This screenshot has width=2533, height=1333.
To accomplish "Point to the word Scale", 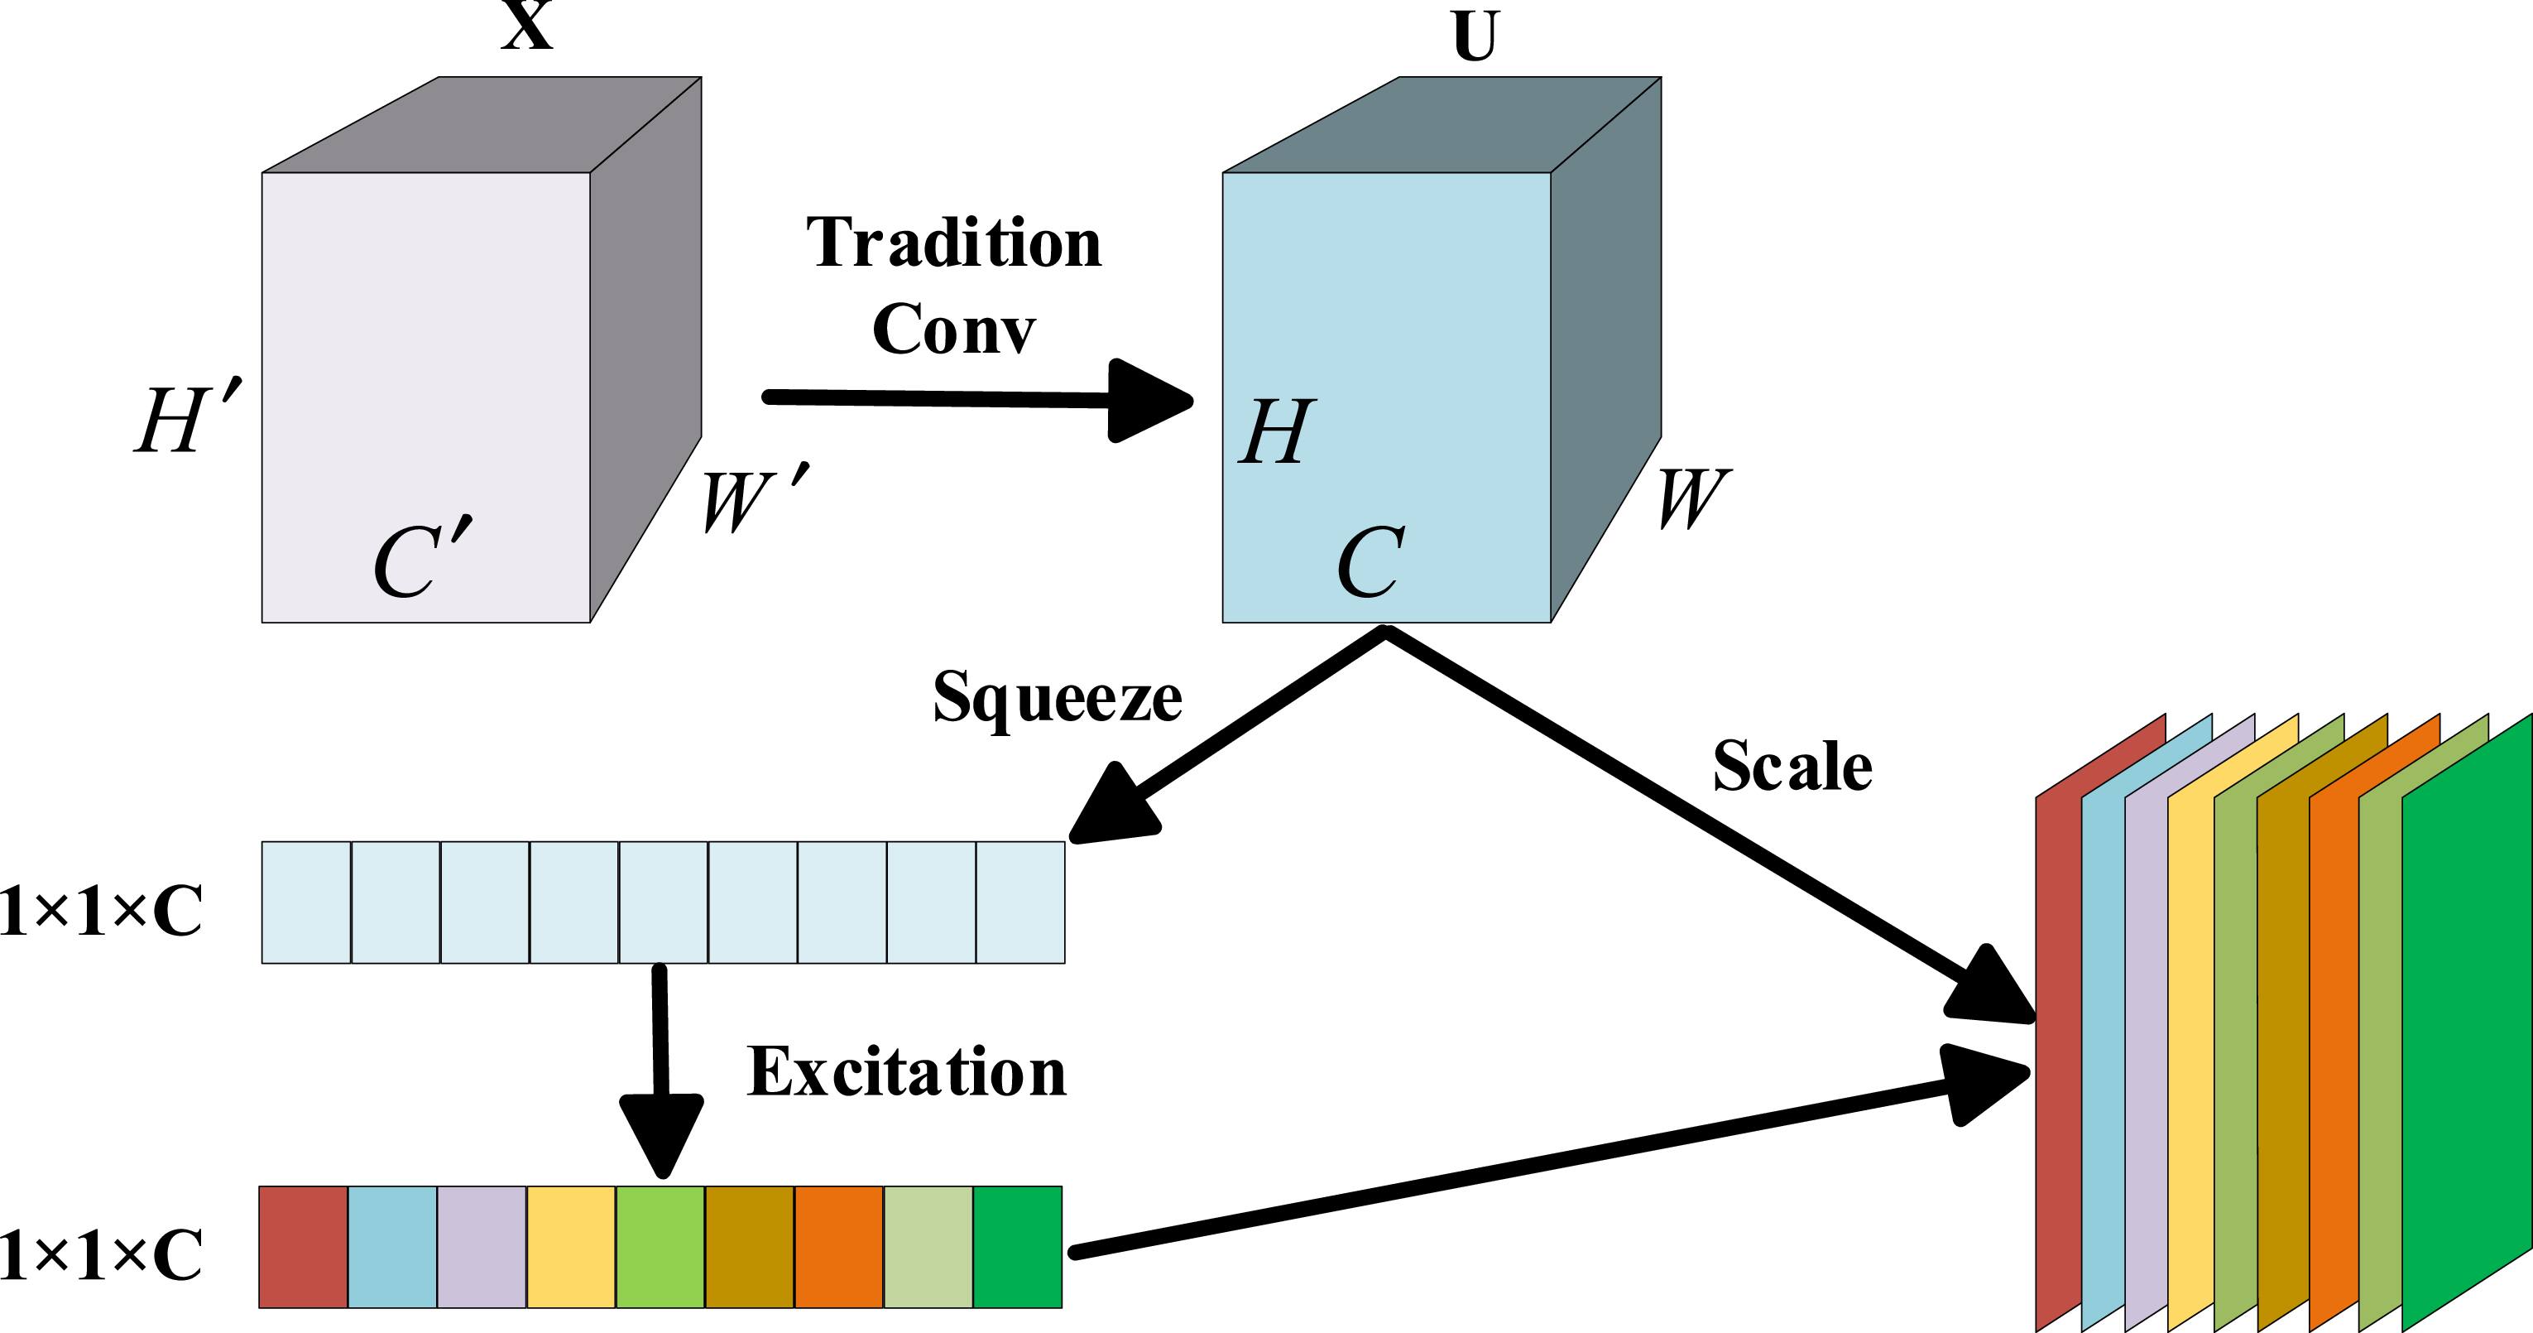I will click(1792, 767).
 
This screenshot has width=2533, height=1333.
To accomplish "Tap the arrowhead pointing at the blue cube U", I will click(1145, 401).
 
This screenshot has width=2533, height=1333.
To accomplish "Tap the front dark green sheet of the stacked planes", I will click(2466, 1023).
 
